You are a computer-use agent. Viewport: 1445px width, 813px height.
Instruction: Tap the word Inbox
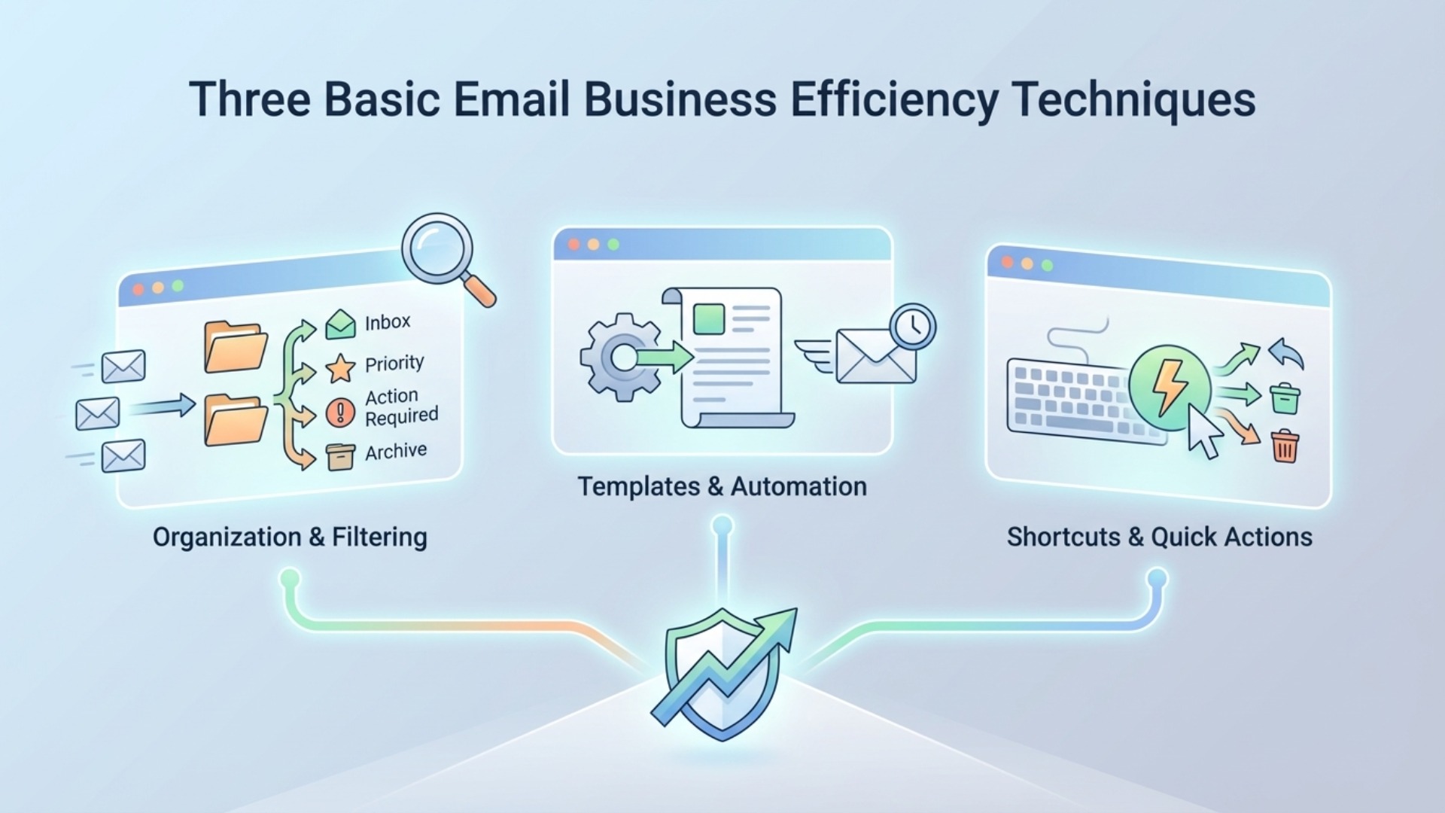point(388,322)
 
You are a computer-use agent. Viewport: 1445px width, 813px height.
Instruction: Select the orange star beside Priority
point(340,368)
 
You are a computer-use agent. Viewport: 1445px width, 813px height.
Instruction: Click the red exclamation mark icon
point(340,413)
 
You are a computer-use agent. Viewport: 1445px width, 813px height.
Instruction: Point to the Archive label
point(396,452)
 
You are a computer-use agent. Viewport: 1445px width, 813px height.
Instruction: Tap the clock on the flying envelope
point(912,326)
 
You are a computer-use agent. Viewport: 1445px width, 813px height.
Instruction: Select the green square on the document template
point(708,318)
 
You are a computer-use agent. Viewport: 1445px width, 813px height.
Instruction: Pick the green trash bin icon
point(1285,398)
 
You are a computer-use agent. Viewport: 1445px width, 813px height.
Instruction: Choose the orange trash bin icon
point(1285,446)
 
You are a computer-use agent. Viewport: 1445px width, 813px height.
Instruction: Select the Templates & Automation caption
point(722,486)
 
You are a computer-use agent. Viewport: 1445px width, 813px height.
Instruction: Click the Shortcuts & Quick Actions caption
point(1159,537)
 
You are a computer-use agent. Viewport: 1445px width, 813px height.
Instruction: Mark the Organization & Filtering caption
point(290,537)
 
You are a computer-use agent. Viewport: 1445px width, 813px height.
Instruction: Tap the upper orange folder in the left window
point(236,347)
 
